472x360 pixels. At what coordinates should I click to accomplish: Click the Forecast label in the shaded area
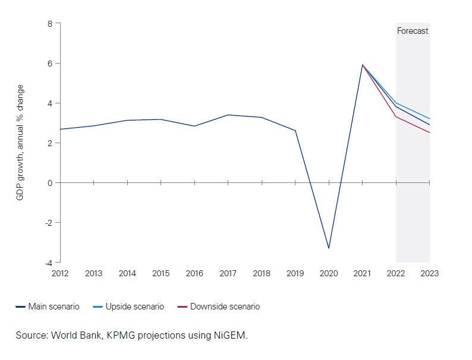tap(413, 31)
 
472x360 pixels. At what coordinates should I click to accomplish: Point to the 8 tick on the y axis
tap(50, 24)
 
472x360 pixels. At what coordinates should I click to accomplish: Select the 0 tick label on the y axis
tap(50, 183)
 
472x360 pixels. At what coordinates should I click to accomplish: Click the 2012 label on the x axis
tap(60, 274)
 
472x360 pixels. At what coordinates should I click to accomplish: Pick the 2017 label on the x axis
tap(228, 274)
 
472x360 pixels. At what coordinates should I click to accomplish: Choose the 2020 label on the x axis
tap(329, 274)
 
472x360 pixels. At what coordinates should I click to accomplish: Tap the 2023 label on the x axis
tap(430, 274)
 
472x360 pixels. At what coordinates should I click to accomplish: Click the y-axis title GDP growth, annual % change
tap(20, 142)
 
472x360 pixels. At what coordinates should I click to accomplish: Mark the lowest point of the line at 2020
tap(329, 248)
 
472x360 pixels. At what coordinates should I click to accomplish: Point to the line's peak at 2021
tap(363, 65)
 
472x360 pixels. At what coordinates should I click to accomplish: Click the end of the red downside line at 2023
tap(429, 132)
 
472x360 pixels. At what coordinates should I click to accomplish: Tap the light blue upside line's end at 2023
tap(429, 119)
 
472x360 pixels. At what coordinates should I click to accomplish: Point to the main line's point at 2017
tap(228, 115)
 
